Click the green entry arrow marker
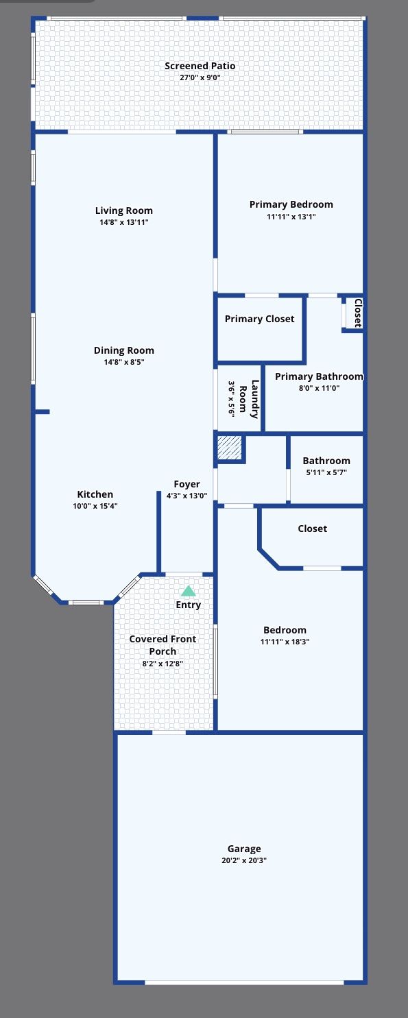click(188, 591)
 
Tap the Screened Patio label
click(200, 66)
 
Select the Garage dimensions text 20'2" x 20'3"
click(244, 860)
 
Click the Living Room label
click(124, 210)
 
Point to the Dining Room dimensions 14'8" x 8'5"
click(124, 361)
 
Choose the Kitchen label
click(95, 494)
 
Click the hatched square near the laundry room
click(229, 448)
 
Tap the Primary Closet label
click(259, 319)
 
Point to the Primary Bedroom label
click(291, 204)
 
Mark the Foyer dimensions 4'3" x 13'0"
click(187, 496)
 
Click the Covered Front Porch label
click(163, 644)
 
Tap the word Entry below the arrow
click(189, 605)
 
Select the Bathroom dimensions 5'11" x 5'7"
click(326, 472)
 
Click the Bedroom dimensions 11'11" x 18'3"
click(285, 642)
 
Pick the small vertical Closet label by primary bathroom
click(358, 313)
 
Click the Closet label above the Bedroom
click(312, 529)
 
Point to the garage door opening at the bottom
click(244, 982)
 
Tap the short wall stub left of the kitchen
click(42, 412)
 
